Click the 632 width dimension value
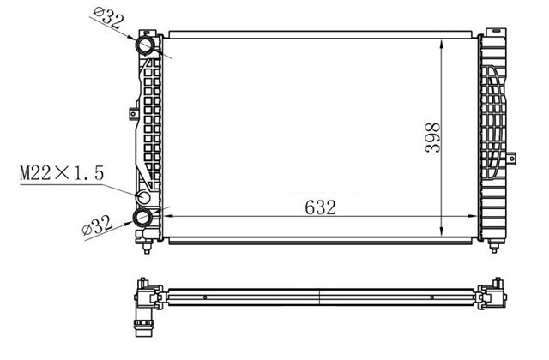[x=320, y=207]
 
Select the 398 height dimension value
[x=432, y=137]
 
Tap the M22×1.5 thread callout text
[x=62, y=173]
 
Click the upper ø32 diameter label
[x=109, y=18]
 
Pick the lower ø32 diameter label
[x=97, y=225]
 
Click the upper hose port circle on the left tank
[x=145, y=45]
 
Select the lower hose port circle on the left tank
[x=142, y=217]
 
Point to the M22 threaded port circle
[x=143, y=198]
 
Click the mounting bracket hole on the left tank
[x=133, y=114]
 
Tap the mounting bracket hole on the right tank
[x=511, y=159]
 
